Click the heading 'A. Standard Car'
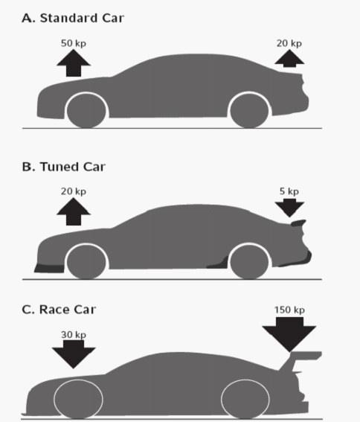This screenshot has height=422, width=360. [x=73, y=19]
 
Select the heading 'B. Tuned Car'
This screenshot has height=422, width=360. [x=63, y=167]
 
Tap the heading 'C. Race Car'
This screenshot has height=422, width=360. [x=59, y=310]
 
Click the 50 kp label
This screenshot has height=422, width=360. [x=74, y=43]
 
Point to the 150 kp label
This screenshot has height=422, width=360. [x=289, y=310]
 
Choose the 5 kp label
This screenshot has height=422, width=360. [x=289, y=191]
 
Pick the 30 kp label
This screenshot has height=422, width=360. [x=74, y=335]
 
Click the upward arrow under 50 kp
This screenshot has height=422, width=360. [x=74, y=63]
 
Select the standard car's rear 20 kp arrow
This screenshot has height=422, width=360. [x=289, y=58]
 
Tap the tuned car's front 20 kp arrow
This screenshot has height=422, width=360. [x=74, y=212]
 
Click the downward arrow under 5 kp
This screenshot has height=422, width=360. [x=289, y=208]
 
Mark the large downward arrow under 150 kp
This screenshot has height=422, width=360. [x=289, y=334]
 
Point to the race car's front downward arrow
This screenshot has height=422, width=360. [x=74, y=354]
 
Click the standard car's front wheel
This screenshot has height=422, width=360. [x=86, y=110]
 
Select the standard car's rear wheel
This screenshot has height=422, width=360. [x=249, y=110]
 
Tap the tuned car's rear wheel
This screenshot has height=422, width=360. [x=249, y=261]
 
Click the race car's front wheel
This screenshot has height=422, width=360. [x=78, y=400]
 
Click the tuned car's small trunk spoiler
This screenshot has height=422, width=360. [x=298, y=223]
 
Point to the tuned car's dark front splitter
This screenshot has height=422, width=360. [x=50, y=269]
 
